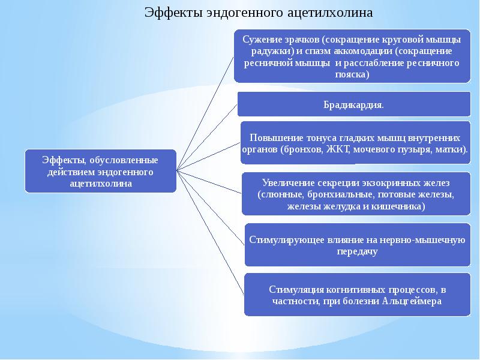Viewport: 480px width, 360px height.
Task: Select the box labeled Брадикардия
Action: [x=354, y=104]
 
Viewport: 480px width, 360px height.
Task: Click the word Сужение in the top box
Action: [x=259, y=40]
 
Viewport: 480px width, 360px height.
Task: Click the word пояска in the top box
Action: [x=348, y=75]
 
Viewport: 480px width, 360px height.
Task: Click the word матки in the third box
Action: [x=454, y=148]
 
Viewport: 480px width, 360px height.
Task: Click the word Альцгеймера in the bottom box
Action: [x=412, y=301]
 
